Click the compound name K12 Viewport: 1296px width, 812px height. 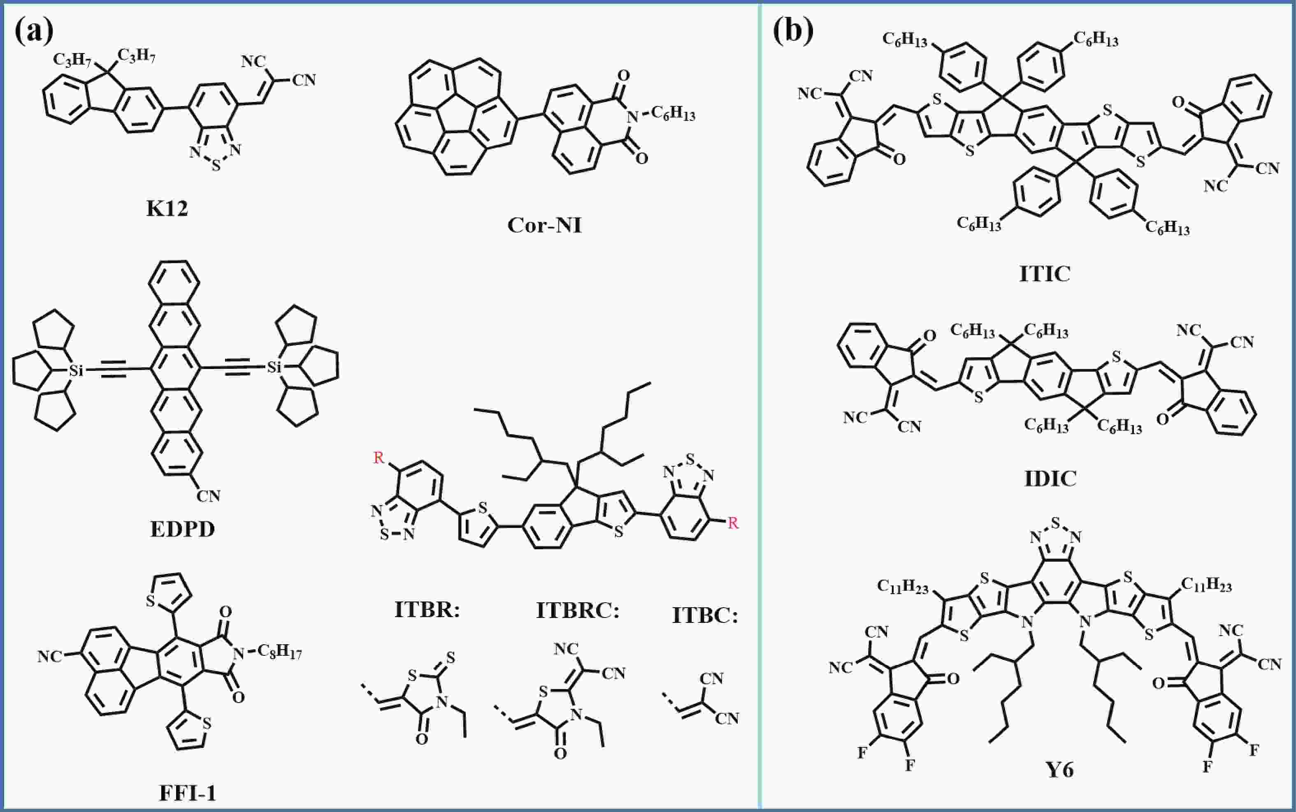coord(167,208)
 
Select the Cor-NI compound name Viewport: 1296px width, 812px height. coord(544,225)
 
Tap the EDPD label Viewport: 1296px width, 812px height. coord(182,529)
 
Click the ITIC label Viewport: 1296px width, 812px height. coord(1045,274)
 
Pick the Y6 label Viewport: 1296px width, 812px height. coord(1059,770)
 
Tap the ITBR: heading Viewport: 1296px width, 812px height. coord(427,610)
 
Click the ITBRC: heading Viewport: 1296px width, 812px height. coord(578,611)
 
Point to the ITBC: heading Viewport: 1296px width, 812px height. coord(705,615)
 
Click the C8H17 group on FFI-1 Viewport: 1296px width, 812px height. coord(279,653)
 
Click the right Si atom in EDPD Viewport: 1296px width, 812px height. coord(274,367)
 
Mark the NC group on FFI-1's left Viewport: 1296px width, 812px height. coord(50,656)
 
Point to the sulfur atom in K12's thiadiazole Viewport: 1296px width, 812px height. coord(216,166)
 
